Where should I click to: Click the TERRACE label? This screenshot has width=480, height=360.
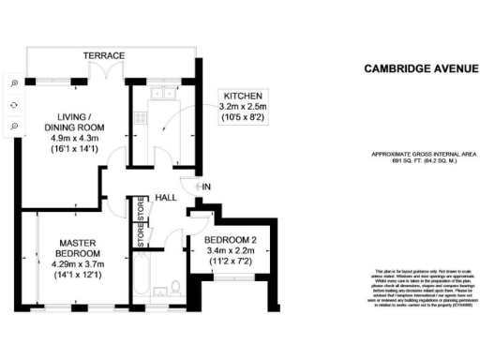[x=104, y=56]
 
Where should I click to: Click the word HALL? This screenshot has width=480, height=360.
[x=167, y=197]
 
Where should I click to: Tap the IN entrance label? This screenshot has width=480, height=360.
[x=206, y=187]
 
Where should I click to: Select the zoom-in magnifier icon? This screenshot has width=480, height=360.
[x=14, y=82]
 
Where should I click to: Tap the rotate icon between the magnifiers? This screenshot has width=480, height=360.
[x=14, y=103]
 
